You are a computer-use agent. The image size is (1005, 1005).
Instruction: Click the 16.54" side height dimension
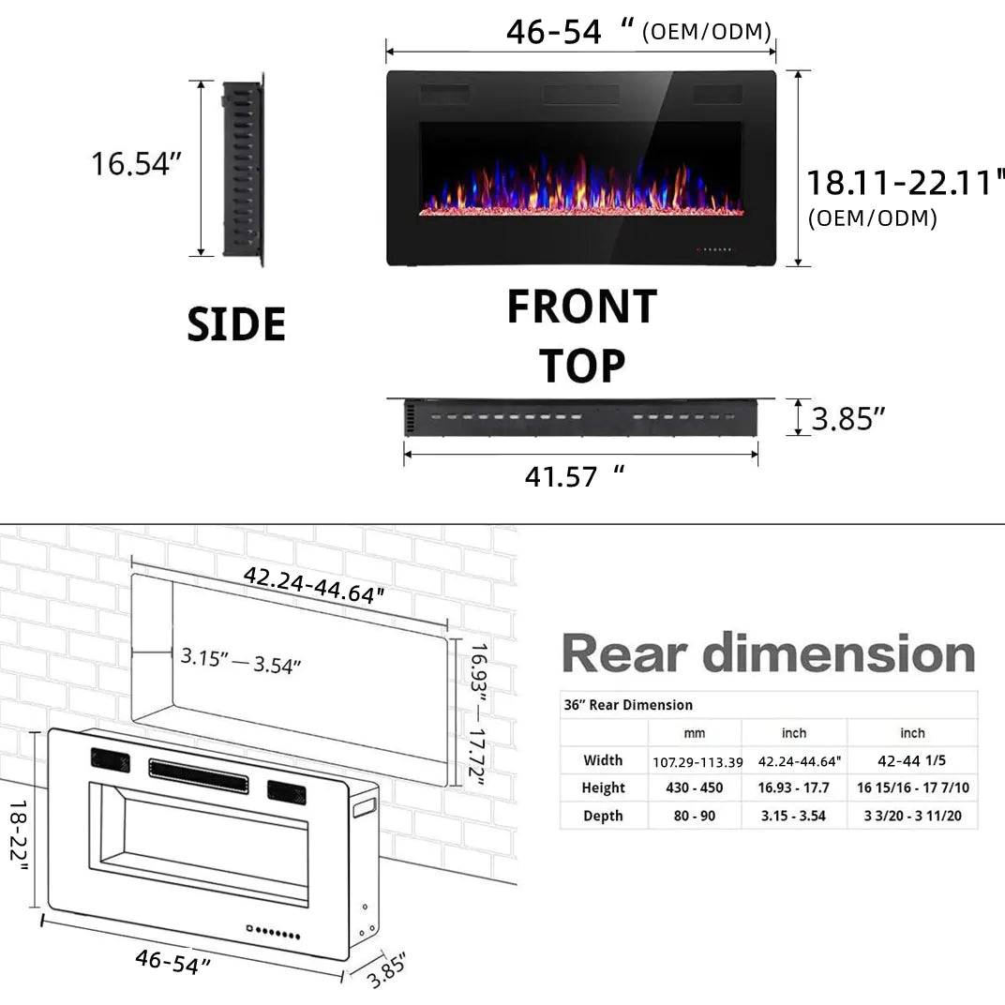tap(135, 163)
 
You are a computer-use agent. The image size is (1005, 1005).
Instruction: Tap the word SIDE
tap(236, 324)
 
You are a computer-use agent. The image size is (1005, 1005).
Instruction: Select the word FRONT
tap(581, 307)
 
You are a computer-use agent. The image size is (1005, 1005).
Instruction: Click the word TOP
tap(581, 366)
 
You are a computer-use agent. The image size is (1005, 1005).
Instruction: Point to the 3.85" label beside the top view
tap(847, 418)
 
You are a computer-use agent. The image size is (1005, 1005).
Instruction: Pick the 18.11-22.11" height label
tap(906, 181)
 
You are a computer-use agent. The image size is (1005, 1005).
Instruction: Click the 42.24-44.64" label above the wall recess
tap(314, 585)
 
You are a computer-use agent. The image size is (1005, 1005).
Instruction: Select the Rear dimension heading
tap(769, 653)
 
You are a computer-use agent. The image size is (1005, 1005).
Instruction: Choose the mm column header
tap(695, 733)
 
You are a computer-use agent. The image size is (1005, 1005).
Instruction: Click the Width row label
tap(603, 760)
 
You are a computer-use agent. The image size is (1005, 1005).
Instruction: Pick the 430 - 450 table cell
tap(695, 788)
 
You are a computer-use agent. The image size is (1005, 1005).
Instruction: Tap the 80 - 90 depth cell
tap(695, 816)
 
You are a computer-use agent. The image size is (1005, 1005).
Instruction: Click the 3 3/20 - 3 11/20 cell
tap(913, 816)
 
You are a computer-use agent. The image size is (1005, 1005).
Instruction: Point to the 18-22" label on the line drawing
tap(18, 835)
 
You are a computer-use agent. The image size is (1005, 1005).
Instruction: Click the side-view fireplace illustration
tap(243, 169)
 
